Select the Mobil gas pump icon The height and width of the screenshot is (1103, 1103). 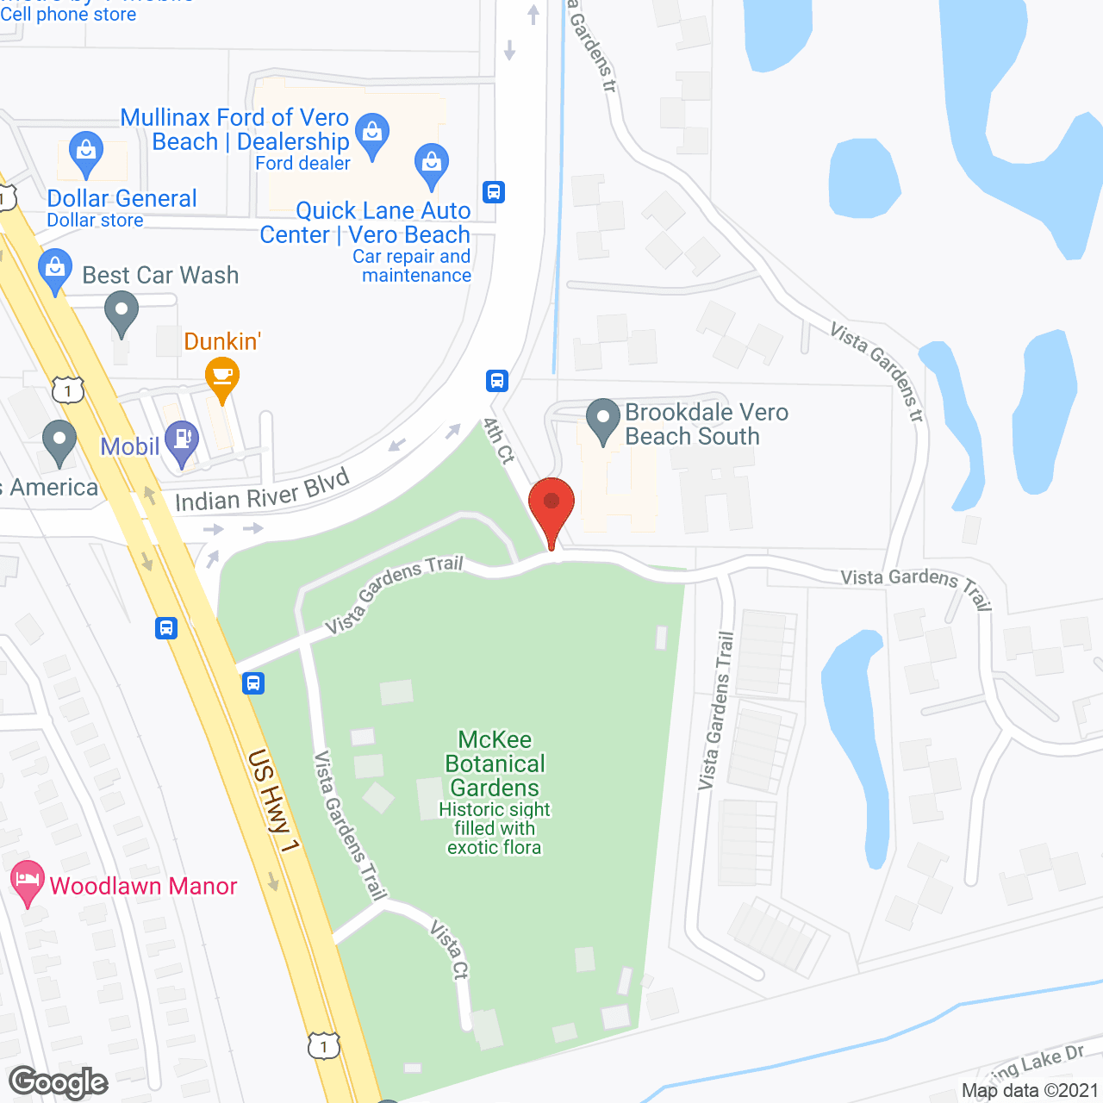pyautogui.click(x=182, y=439)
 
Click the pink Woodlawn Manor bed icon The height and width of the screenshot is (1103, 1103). pyautogui.click(x=27, y=881)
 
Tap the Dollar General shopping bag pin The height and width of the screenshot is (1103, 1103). pyautogui.click(x=85, y=152)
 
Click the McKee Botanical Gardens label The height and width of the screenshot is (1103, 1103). pyautogui.click(x=495, y=763)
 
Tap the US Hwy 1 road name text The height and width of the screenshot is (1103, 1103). pyautogui.click(x=272, y=801)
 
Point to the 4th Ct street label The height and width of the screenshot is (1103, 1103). pyautogui.click(x=498, y=441)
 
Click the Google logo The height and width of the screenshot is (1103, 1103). pyautogui.click(x=59, y=1082)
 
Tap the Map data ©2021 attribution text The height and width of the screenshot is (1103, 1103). pyautogui.click(x=1030, y=1090)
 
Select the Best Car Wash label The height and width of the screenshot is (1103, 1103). pyautogui.click(x=160, y=275)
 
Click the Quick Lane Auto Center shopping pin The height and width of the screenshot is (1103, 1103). pyautogui.click(x=431, y=164)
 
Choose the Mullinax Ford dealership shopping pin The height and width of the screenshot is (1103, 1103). pyautogui.click(x=372, y=134)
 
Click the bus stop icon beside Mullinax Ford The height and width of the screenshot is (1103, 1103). pyautogui.click(x=494, y=191)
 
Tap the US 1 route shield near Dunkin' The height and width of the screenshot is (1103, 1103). pyautogui.click(x=67, y=389)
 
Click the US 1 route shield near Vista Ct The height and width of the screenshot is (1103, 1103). pyautogui.click(x=324, y=1045)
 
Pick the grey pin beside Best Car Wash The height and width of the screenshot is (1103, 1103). pyautogui.click(x=122, y=312)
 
